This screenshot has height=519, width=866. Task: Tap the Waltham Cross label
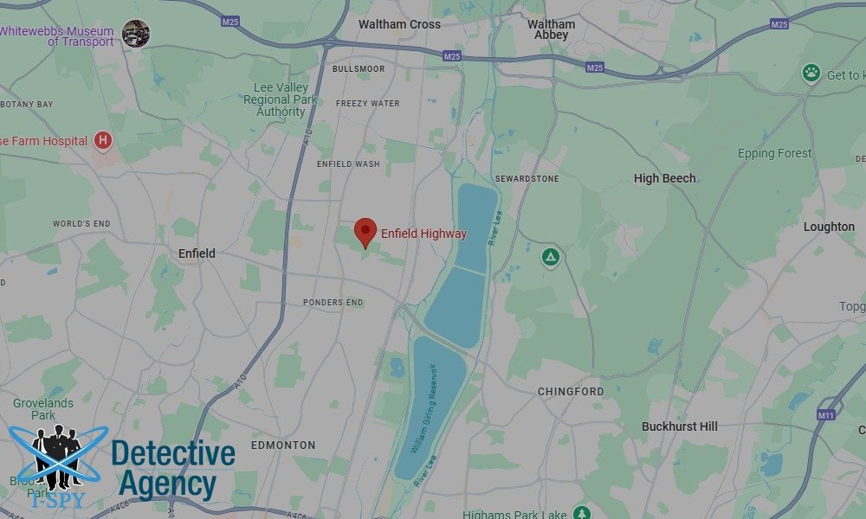399,24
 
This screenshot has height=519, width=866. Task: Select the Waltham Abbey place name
551,29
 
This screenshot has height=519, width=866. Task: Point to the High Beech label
664,178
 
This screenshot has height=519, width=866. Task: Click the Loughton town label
829,227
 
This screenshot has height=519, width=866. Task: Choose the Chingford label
571,392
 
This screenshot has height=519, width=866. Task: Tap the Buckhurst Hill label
680,426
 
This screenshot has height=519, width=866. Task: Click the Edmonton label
283,445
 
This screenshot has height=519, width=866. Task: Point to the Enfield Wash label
348,163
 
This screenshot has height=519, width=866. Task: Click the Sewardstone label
527,179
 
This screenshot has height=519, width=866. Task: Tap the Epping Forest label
774,154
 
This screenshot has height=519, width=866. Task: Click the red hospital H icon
103,140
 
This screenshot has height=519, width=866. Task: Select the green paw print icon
811,73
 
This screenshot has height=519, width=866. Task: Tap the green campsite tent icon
550,257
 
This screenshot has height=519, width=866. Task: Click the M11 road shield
825,415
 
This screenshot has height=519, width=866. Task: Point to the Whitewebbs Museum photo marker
135,34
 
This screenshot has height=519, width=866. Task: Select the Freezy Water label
368,104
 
